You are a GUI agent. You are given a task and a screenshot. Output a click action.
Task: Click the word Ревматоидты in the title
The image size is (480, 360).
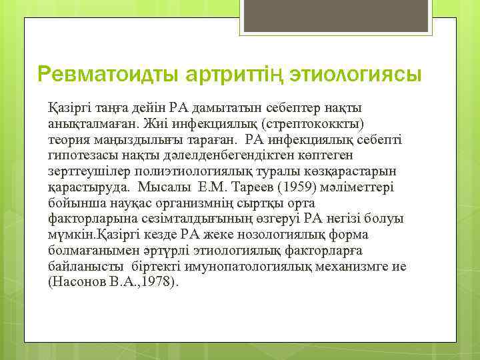[101, 75]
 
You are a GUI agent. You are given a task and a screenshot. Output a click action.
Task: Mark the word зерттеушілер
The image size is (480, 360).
[86, 171]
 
